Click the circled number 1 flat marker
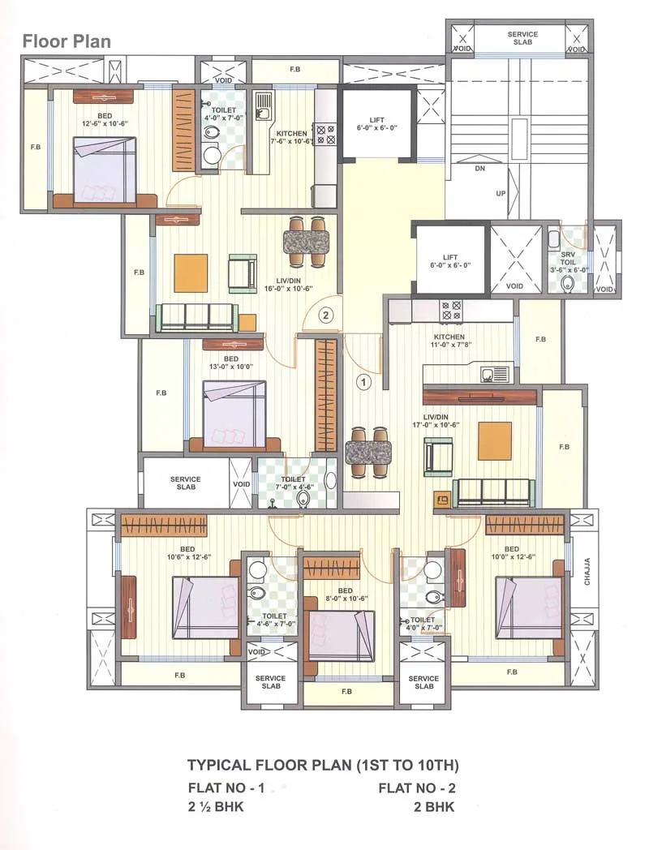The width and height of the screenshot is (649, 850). (364, 380)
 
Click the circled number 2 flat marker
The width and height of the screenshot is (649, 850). (325, 316)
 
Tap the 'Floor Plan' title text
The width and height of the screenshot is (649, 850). (67, 41)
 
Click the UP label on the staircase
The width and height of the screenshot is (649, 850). (501, 194)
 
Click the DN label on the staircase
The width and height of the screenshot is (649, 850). (479, 169)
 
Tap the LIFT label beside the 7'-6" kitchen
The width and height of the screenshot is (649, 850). (377, 122)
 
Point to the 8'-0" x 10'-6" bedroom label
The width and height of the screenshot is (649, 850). (346, 595)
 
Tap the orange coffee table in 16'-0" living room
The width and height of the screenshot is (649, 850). (191, 273)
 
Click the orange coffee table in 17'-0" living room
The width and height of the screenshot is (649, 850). (495, 441)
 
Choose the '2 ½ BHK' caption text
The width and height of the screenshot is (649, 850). (216, 807)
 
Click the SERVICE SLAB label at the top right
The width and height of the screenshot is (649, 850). (522, 38)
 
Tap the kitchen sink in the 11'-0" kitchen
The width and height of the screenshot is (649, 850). (494, 375)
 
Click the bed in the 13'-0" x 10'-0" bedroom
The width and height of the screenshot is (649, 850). (234, 414)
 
